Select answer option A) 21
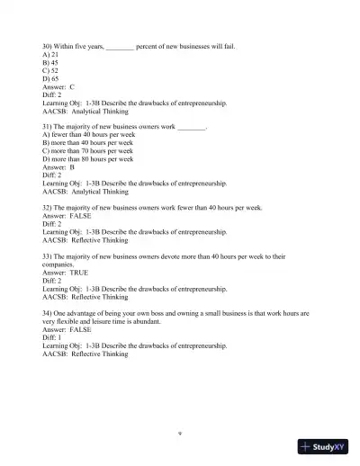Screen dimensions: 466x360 pyautogui.click(x=50, y=54)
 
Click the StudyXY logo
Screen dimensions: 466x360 pyautogui.click(x=323, y=445)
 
